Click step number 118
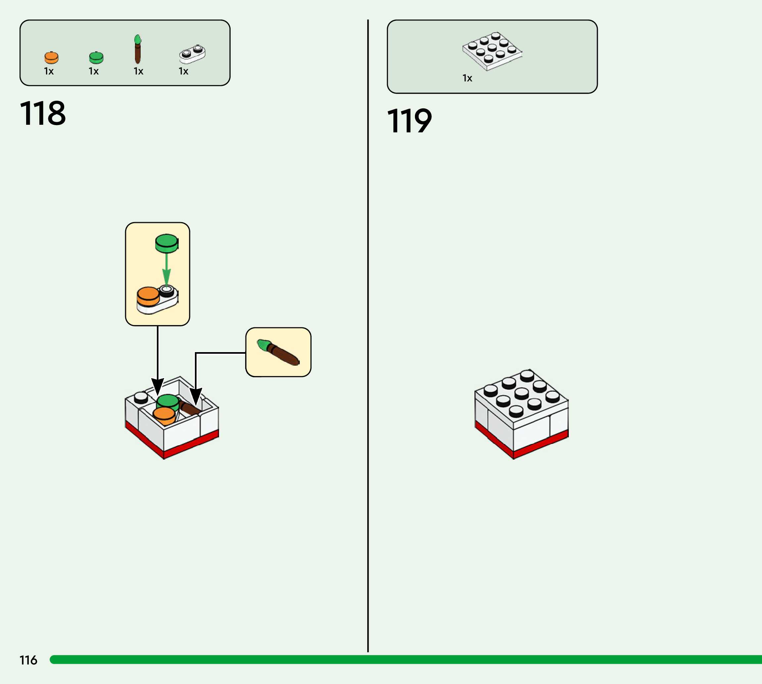43,113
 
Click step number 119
409,121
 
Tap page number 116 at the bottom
28,660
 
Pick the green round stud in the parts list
96,58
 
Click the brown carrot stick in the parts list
138,50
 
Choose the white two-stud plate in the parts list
192,54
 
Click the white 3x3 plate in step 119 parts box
492,51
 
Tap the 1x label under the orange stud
49,71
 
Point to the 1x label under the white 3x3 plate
467,78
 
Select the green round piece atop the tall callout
166,243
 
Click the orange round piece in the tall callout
148,296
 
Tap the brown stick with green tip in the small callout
278,352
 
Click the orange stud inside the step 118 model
164,415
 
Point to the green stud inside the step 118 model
167,401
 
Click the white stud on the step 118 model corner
141,397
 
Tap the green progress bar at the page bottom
406,660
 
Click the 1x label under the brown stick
138,71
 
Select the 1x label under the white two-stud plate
183,71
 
